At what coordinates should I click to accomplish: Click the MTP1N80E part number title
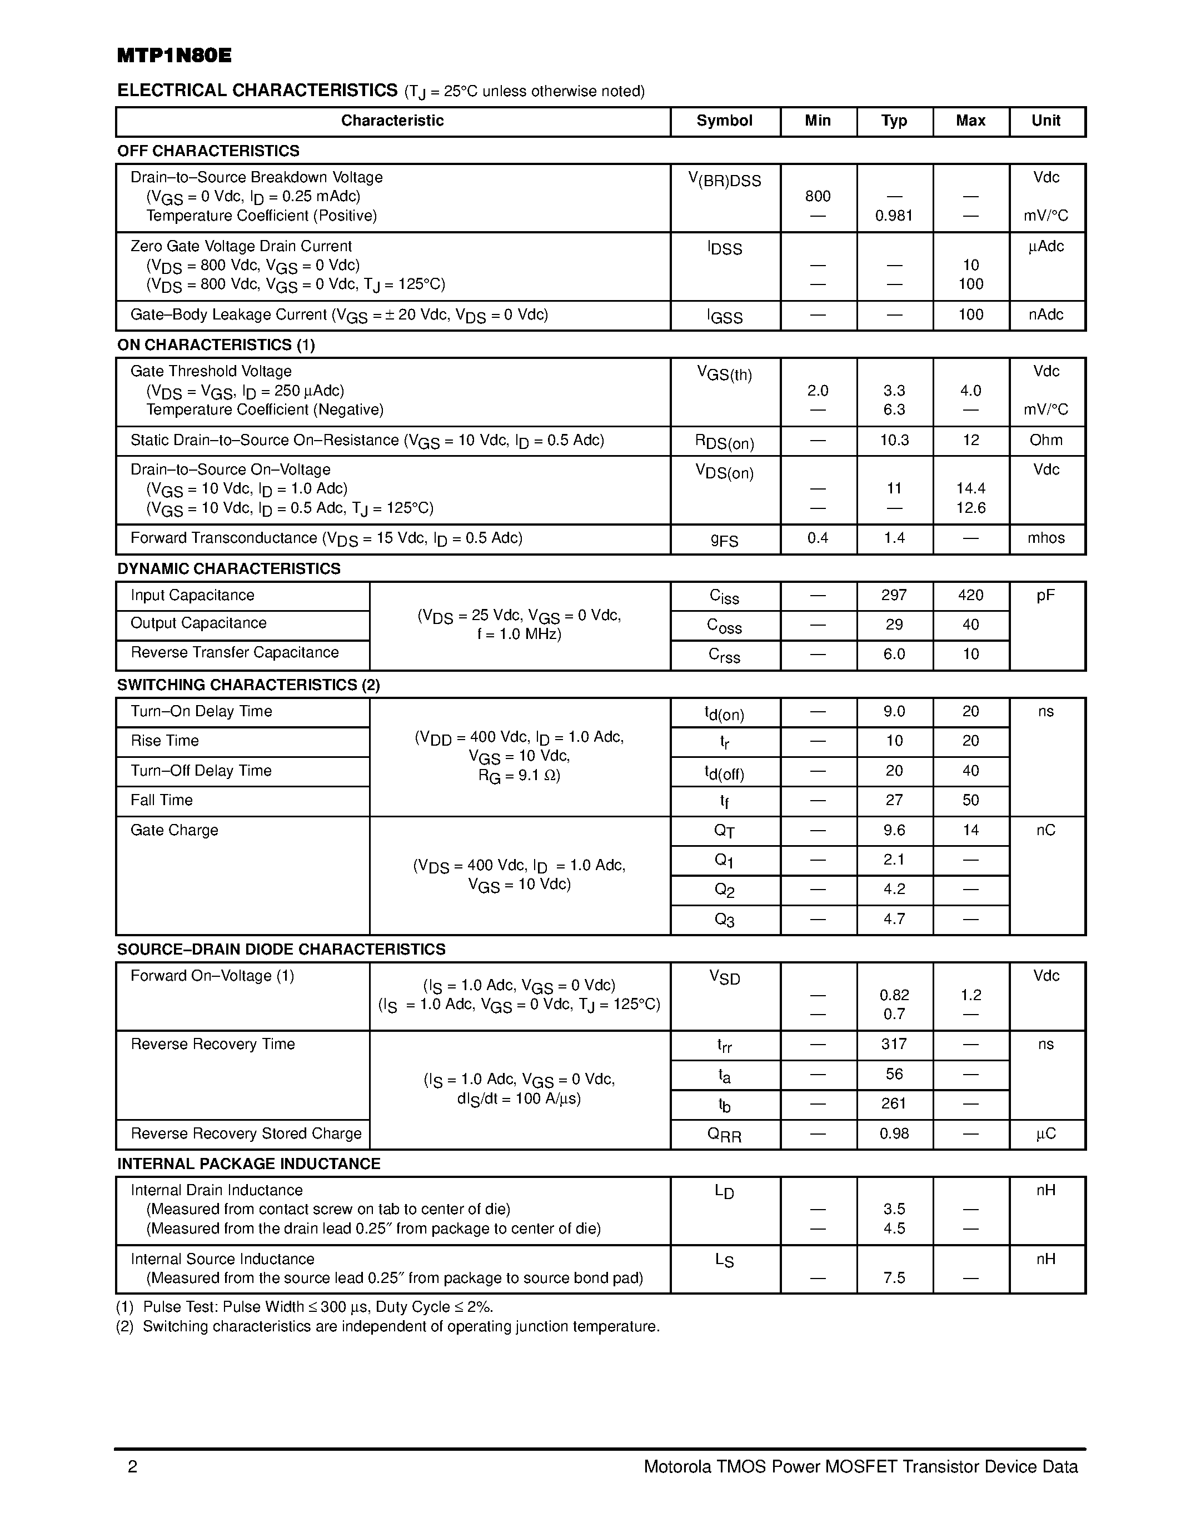tap(174, 56)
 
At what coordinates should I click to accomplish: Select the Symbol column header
tap(724, 121)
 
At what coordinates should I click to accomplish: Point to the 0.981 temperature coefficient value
tap(894, 216)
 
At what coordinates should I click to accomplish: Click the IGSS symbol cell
tap(724, 317)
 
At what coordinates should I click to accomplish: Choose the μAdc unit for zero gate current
tap(1045, 246)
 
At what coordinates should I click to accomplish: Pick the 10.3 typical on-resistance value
tap(894, 440)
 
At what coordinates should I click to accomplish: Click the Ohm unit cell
tap(1045, 440)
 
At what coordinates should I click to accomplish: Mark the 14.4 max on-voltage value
tap(970, 488)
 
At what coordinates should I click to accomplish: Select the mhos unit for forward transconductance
tap(1045, 538)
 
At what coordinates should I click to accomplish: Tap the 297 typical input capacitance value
tap(894, 596)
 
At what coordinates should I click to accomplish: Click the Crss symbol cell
tap(724, 655)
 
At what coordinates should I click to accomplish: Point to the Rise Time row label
tap(165, 741)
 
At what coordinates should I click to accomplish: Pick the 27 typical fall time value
tap(894, 800)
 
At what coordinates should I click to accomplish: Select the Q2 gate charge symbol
tap(724, 890)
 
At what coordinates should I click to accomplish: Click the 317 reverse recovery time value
tap(894, 1045)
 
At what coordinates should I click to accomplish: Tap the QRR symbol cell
tap(724, 1135)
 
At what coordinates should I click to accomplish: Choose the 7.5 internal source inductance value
tap(894, 1278)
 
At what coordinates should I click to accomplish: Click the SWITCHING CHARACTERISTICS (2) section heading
tap(248, 685)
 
